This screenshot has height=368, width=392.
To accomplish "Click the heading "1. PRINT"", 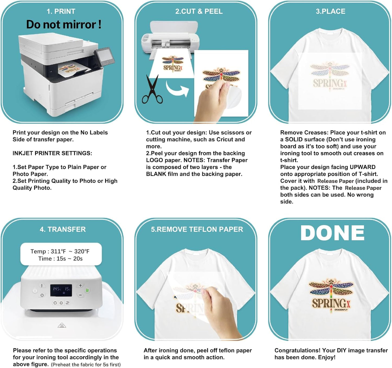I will point(61,11).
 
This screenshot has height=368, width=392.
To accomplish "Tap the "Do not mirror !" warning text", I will point(64,25).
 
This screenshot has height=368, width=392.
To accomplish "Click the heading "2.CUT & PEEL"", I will point(199,11).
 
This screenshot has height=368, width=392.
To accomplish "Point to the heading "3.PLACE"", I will point(330,11).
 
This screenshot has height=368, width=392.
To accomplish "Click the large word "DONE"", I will point(332,233).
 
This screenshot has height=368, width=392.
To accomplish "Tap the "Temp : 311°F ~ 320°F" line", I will point(60,251).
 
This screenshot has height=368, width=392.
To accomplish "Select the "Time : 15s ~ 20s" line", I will point(60,259).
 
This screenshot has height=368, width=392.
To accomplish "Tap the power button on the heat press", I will point(35,290).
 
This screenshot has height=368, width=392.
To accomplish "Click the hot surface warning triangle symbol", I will point(62,325).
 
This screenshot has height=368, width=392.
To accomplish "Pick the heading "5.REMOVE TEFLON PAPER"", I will point(197,229).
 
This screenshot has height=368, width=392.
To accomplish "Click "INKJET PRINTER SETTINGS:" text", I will point(52,153).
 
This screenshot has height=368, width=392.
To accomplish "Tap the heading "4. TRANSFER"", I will point(63,229).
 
